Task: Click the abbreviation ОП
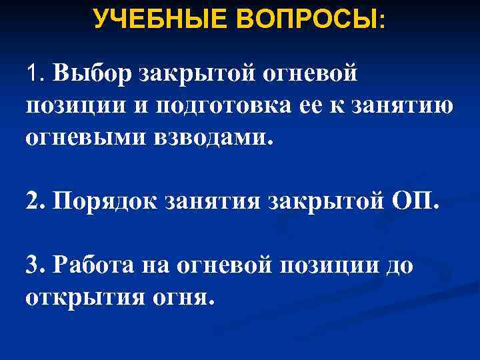[413, 201]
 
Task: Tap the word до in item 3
[397, 265]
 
